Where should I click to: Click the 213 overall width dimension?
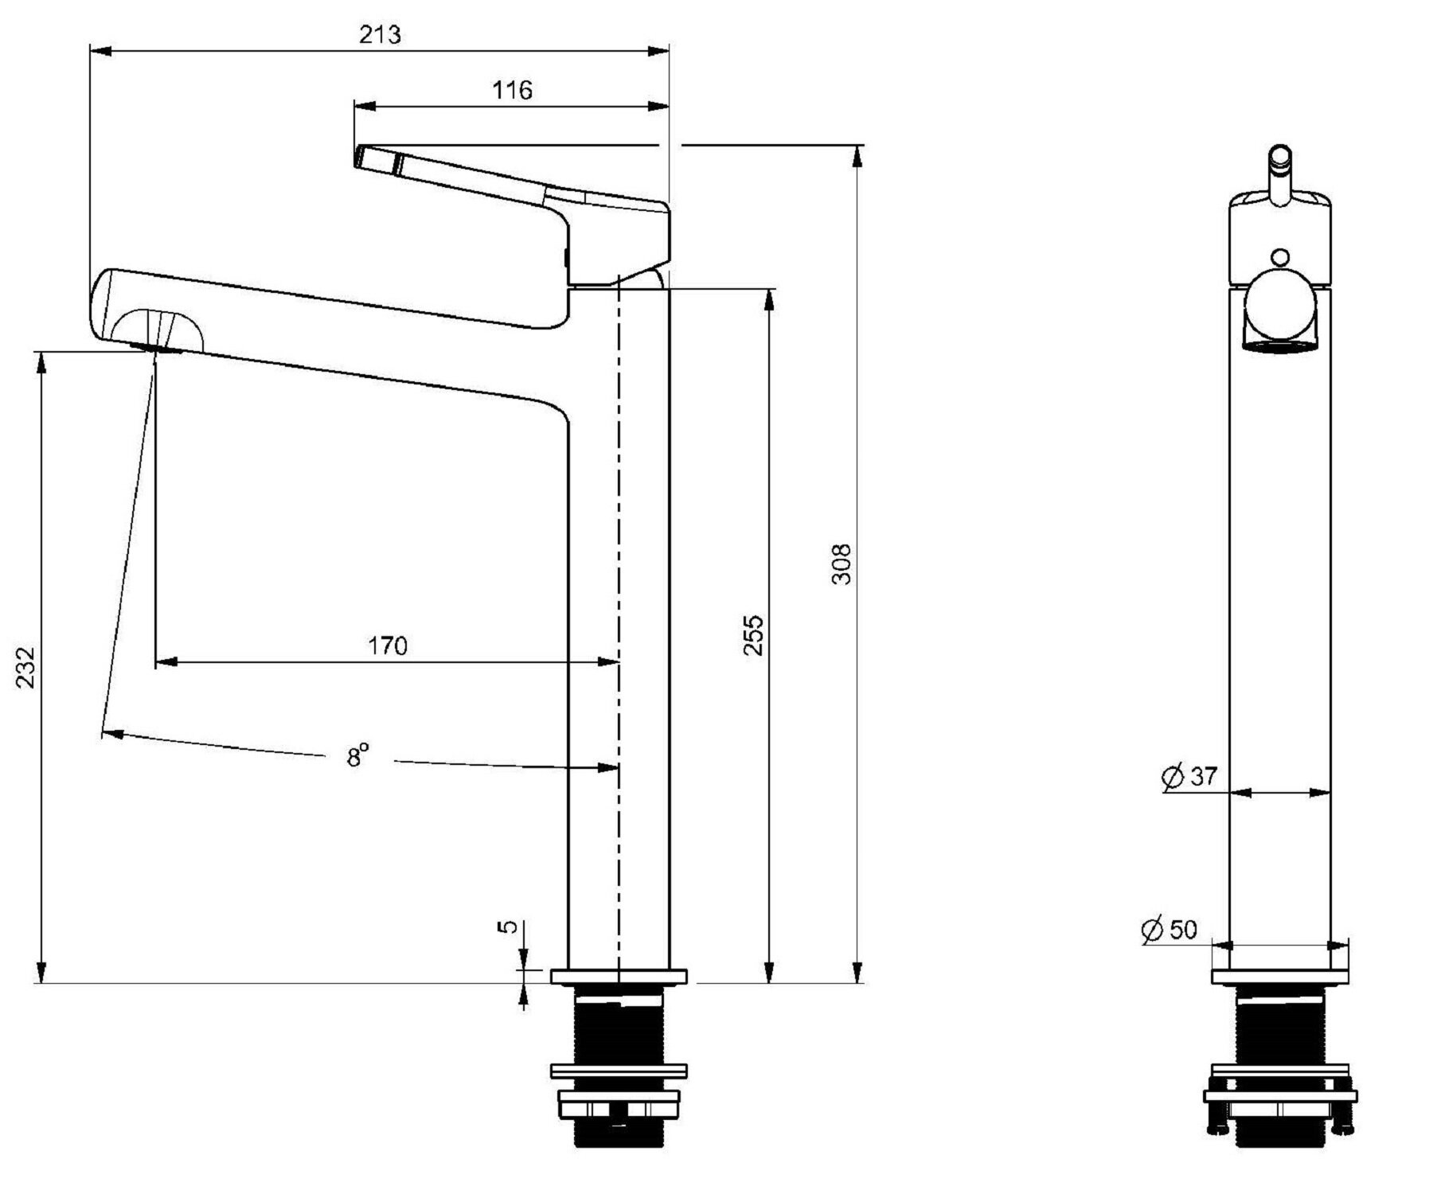[x=380, y=35]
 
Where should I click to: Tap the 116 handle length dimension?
[x=511, y=90]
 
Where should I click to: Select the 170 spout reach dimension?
[x=388, y=645]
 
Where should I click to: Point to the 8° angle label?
[x=357, y=754]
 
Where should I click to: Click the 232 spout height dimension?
[x=26, y=667]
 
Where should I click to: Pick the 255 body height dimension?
[x=753, y=634]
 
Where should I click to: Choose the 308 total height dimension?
[x=842, y=564]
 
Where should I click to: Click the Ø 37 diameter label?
[x=1189, y=776]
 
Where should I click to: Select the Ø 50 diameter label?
[x=1169, y=929]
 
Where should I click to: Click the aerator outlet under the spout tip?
[x=155, y=347]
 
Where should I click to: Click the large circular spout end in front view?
[x=1280, y=306]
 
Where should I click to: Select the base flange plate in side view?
[x=619, y=976]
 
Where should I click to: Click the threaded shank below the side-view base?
[x=619, y=1024]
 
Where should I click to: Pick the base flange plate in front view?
[x=1280, y=976]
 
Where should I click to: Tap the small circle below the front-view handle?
[x=1280, y=257]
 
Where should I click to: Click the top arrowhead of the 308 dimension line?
[x=857, y=156]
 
